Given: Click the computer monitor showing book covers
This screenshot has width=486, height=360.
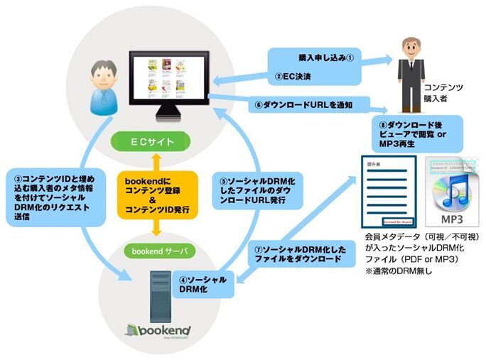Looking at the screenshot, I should pos(168,82).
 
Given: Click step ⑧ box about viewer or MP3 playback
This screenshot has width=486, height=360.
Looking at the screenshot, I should pos(419,132).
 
